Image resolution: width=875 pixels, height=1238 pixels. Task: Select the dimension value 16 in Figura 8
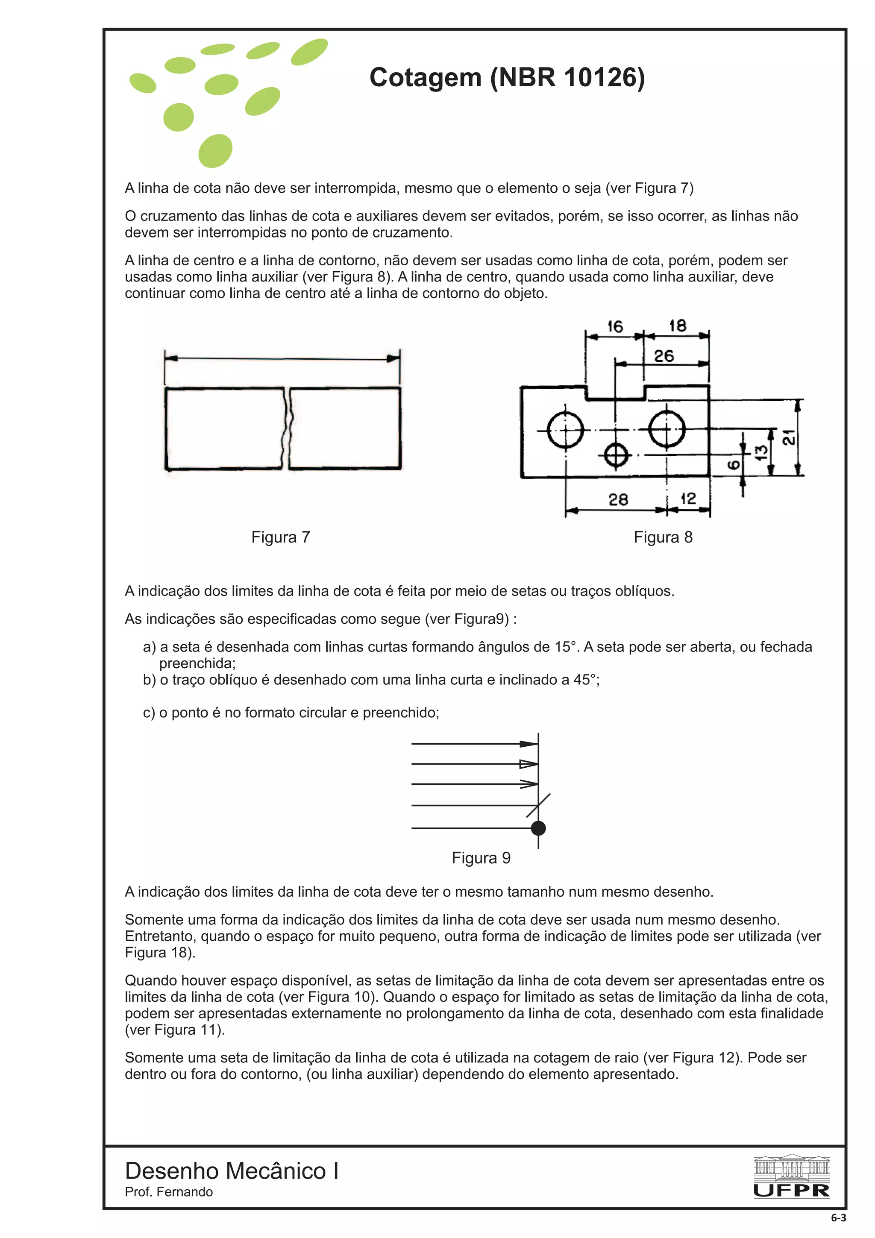click(x=615, y=327)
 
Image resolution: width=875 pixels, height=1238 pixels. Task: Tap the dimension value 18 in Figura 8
click(x=678, y=326)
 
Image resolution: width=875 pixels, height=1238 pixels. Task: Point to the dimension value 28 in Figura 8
click(x=618, y=500)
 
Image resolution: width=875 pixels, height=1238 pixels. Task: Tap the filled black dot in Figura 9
click(x=538, y=828)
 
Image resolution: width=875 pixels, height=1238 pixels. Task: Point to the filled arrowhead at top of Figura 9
click(x=529, y=744)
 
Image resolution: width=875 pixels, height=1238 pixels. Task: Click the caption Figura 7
click(x=280, y=537)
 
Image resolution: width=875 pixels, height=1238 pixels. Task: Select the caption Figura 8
click(x=663, y=537)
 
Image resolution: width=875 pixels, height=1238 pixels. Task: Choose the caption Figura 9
click(x=481, y=858)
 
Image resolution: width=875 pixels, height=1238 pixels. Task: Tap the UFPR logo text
click(x=791, y=1191)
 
